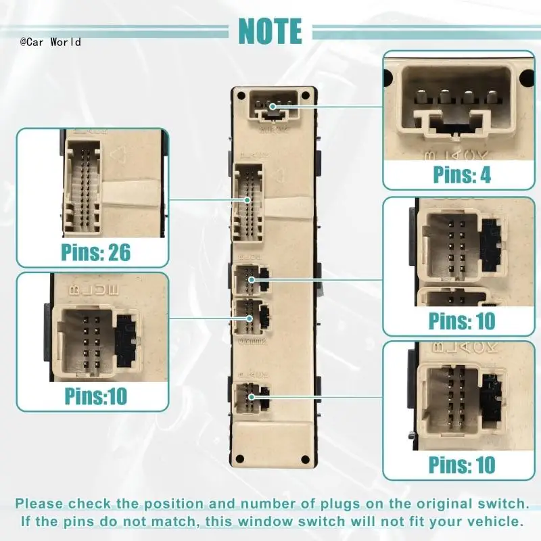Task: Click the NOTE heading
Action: tap(270, 30)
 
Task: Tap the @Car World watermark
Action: tap(51, 42)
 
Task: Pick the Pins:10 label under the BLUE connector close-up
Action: tap(95, 395)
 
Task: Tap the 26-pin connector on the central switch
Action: tap(248, 201)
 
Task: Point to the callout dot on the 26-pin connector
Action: tap(248, 200)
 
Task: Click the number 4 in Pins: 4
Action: tap(484, 174)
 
